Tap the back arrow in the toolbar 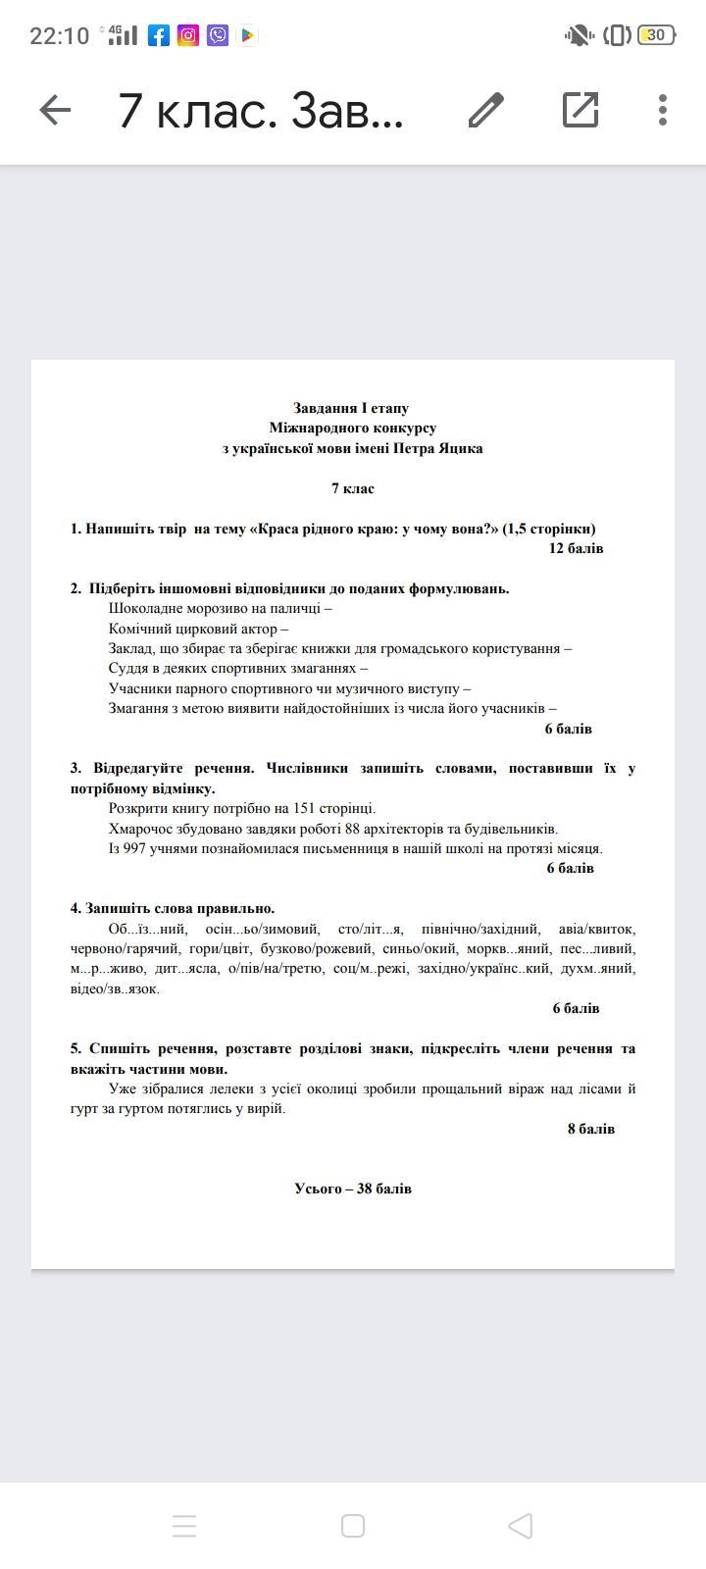tap(55, 110)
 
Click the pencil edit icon tap(485, 110)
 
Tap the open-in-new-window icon tap(580, 110)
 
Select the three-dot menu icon tap(663, 110)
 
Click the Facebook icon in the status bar tap(159, 35)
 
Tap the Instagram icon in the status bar tap(188, 35)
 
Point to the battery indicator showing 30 tap(655, 35)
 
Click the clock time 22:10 tap(60, 36)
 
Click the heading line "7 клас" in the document tap(352, 488)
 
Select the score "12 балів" tap(576, 548)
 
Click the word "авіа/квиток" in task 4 tap(596, 929)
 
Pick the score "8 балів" tap(590, 1129)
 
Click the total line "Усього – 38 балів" tap(353, 1189)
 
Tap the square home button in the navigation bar tap(353, 1526)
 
